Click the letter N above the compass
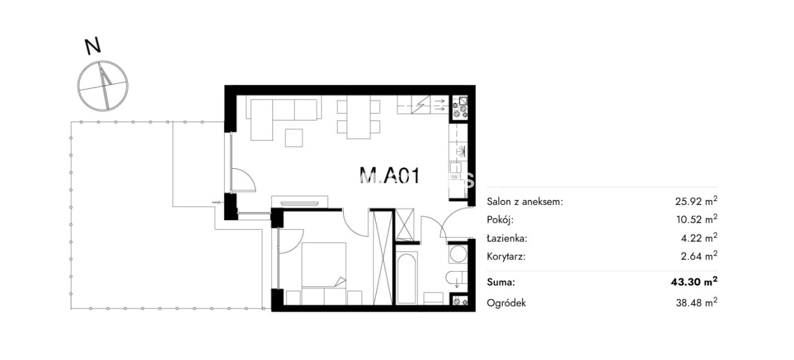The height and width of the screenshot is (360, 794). coord(93,46)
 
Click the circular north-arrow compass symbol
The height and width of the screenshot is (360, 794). coord(103,86)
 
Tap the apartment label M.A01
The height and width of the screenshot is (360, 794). coord(390,175)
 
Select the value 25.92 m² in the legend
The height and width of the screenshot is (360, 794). coord(696,201)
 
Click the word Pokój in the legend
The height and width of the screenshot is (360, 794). coord(500,220)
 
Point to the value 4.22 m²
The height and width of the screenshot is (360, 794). coord(699,238)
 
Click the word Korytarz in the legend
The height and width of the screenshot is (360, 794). coord(506,256)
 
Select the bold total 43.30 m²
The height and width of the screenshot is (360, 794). coord(694,282)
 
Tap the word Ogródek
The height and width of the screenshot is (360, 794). coord(506,304)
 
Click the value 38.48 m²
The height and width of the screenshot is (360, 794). coord(697,303)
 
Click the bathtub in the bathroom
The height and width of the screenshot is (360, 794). coord(406,277)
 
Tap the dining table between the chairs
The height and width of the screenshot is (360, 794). coord(359,117)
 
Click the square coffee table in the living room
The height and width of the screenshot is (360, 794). coord(294,138)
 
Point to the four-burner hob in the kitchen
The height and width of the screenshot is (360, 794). coord(460,107)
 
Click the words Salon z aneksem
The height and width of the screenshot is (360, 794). coord(525,202)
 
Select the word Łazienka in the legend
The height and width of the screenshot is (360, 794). coord(507,238)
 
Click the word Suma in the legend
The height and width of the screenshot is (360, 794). coord(501,282)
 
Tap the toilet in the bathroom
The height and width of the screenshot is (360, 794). coord(457,277)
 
